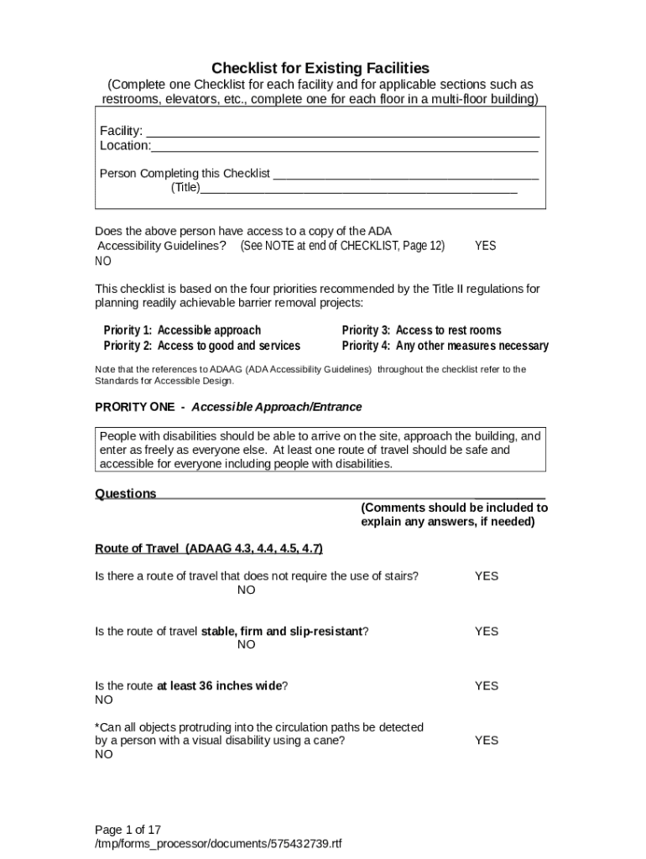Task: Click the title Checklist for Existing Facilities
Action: (x=320, y=67)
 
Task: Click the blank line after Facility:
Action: (x=342, y=132)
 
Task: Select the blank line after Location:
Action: (x=344, y=147)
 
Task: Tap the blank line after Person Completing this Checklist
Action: (x=406, y=174)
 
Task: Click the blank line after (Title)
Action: (x=358, y=189)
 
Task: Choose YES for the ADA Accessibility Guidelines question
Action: (x=485, y=246)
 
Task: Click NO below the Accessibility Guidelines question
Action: (x=103, y=261)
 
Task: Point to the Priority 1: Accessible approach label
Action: (x=182, y=331)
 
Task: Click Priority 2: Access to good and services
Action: (x=201, y=346)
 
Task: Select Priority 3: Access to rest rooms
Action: (x=421, y=331)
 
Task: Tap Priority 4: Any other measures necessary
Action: (x=445, y=346)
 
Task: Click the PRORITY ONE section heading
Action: (x=228, y=407)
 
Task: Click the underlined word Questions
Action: (x=126, y=494)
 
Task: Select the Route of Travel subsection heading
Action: (x=209, y=549)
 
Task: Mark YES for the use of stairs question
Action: (x=486, y=576)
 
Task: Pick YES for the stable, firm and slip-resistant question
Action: (x=486, y=631)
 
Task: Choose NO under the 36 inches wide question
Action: (x=103, y=700)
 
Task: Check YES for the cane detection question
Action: (x=486, y=740)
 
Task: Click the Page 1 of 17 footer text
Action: (x=128, y=829)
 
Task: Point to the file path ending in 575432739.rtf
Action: (x=218, y=843)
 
